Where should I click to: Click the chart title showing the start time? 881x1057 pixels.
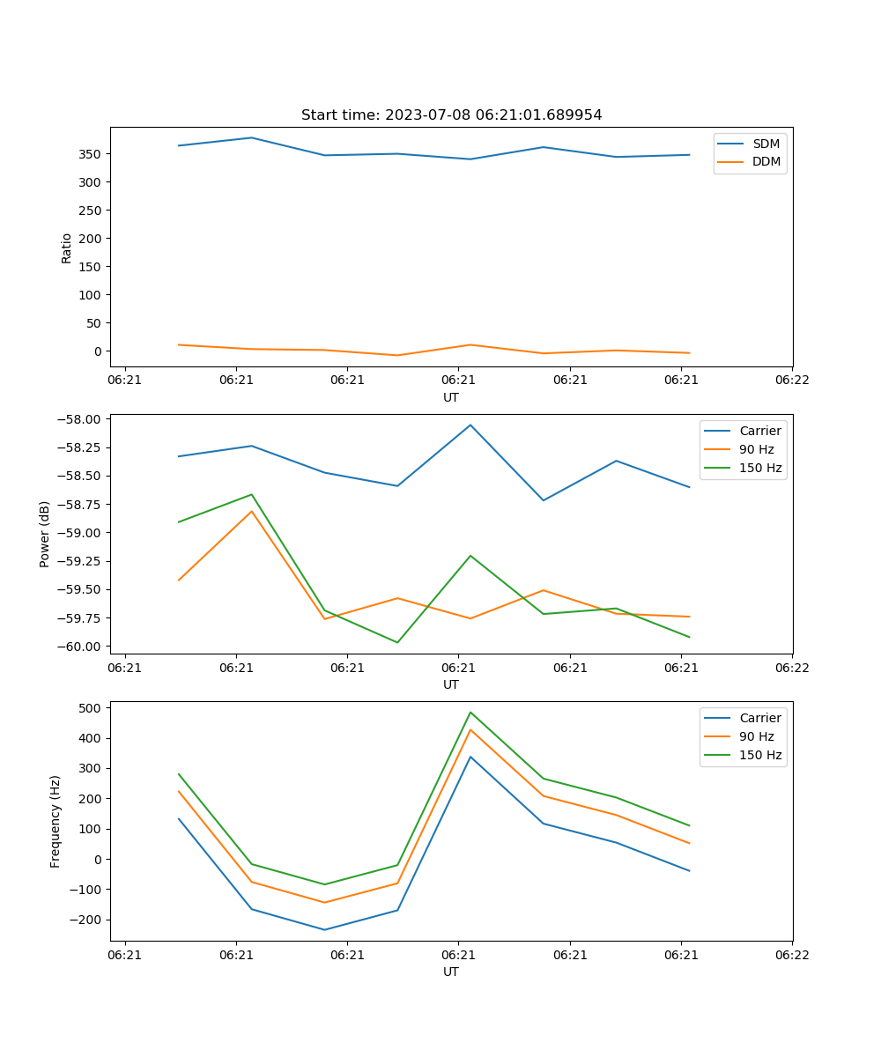[451, 115]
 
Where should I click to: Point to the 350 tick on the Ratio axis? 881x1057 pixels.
[91, 154]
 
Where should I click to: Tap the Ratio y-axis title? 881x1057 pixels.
[67, 248]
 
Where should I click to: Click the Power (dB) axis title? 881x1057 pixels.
[44, 534]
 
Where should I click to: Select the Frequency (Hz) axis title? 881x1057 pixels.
[56, 821]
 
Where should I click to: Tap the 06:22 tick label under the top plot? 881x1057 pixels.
[792, 380]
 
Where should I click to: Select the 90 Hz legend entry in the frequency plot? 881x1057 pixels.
[757, 736]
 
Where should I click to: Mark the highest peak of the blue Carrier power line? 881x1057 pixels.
[470, 425]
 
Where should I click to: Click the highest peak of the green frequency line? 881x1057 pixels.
[470, 712]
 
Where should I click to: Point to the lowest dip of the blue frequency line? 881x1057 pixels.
[324, 930]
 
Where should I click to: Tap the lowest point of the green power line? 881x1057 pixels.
[397, 642]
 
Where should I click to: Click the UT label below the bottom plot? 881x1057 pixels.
[451, 972]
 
